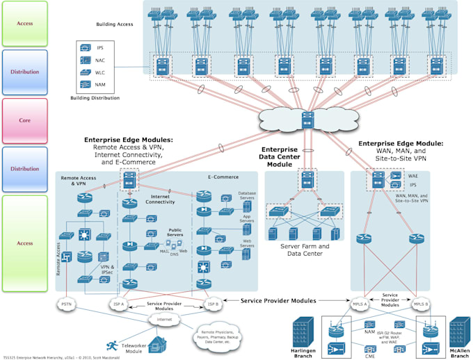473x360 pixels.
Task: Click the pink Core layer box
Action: pos(24,120)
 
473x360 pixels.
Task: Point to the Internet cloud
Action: pos(166,319)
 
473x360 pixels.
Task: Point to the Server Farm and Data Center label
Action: pos(305,249)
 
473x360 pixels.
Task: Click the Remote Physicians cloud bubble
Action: pos(222,338)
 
